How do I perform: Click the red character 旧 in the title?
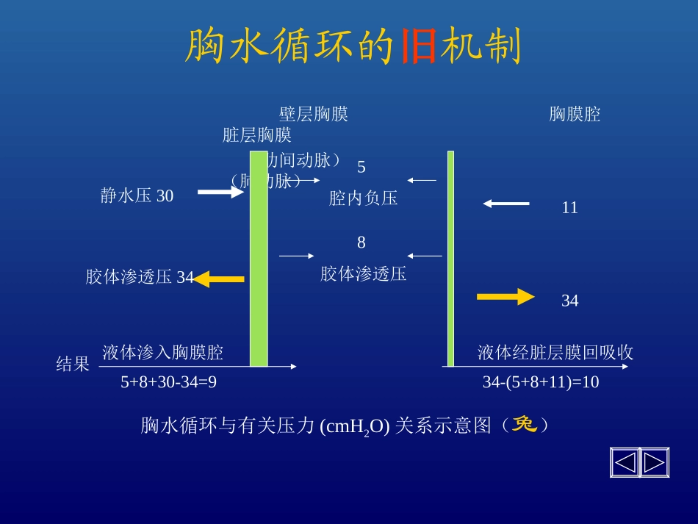pyautogui.click(x=420, y=47)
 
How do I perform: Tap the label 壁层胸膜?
pyautogui.click(x=314, y=114)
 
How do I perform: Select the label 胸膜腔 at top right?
pyautogui.click(x=575, y=114)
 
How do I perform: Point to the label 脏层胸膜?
pyautogui.click(x=257, y=135)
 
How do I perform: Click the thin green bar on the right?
pyautogui.click(x=450, y=257)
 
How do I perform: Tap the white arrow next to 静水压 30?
pyautogui.click(x=220, y=193)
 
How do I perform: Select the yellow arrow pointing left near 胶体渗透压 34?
pyautogui.click(x=219, y=279)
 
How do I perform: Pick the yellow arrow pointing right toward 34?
pyautogui.click(x=505, y=297)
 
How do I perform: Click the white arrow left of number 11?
pyautogui.click(x=506, y=204)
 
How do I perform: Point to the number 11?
pyautogui.click(x=569, y=208)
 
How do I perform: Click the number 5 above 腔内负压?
pyautogui.click(x=361, y=167)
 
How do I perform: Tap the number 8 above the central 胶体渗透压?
pyautogui.click(x=361, y=243)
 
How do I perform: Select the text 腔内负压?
pyautogui.click(x=363, y=198)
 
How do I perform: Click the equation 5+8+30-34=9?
pyautogui.click(x=169, y=382)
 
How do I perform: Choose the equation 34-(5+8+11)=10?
pyautogui.click(x=541, y=382)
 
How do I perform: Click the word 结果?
pyautogui.click(x=73, y=365)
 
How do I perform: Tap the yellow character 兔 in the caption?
pyautogui.click(x=525, y=424)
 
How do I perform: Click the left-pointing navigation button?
pyautogui.click(x=625, y=462)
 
